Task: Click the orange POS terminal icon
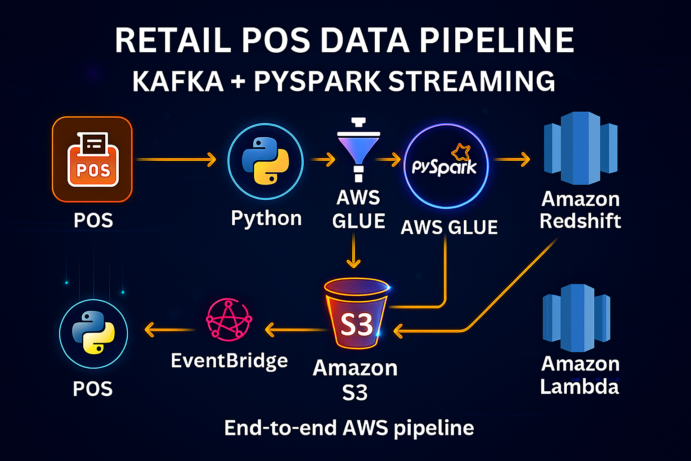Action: [92, 159]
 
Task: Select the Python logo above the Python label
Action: [265, 161]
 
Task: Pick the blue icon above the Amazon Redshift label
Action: [580, 149]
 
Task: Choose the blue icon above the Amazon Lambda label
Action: [577, 318]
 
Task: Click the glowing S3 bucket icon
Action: [356, 315]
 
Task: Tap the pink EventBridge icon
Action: [229, 319]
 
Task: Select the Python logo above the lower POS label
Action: [94, 333]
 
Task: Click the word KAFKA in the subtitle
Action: [178, 81]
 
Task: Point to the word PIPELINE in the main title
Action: [497, 41]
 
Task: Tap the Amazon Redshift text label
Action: [580, 210]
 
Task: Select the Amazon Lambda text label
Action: [580, 375]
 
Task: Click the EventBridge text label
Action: [229, 361]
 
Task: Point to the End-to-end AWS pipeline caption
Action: [349, 428]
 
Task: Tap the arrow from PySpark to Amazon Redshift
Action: [512, 159]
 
